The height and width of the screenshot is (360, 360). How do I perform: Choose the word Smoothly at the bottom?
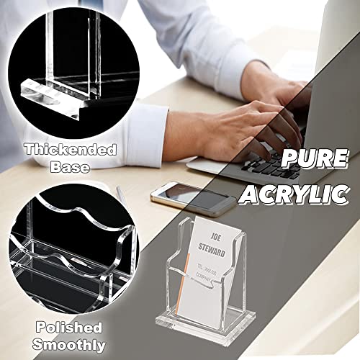point(69,344)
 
